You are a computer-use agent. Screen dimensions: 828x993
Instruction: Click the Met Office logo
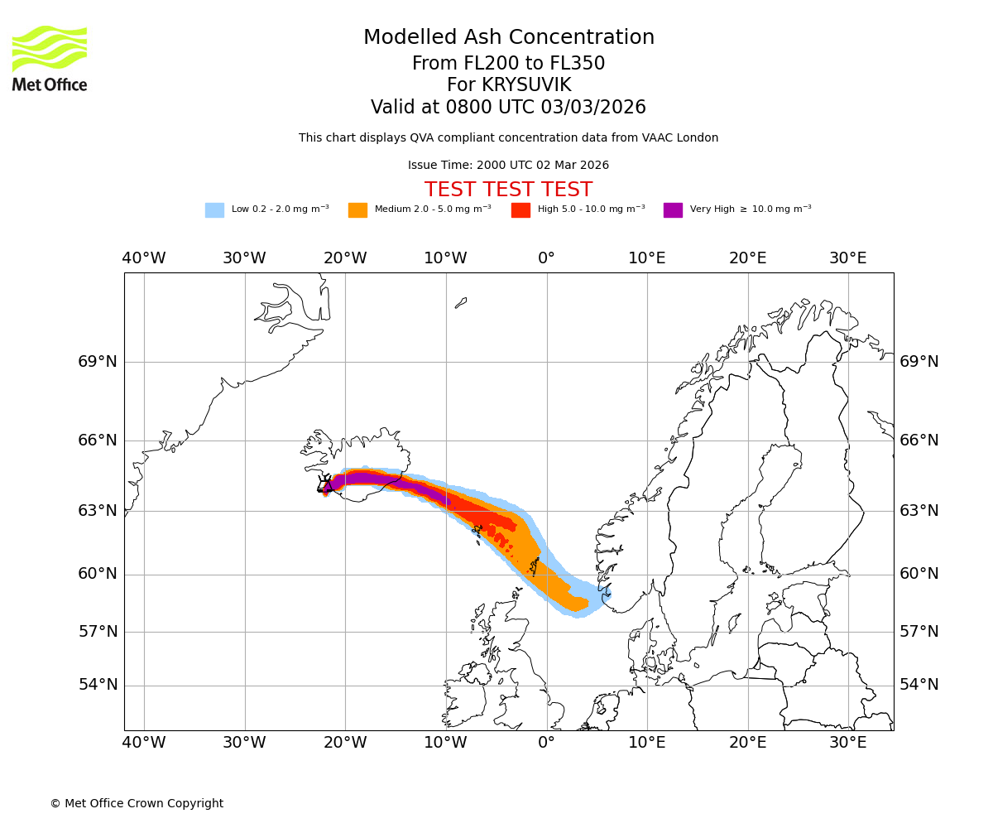point(50,58)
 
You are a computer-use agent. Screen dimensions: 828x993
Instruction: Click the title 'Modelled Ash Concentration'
point(509,37)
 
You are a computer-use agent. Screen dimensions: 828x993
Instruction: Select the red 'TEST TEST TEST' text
point(508,190)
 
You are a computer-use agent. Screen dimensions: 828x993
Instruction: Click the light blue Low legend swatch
point(214,210)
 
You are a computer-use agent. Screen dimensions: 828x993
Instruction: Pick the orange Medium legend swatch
point(357,210)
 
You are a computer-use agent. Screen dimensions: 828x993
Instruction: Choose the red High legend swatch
point(520,210)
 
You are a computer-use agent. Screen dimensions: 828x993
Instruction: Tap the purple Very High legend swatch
point(673,210)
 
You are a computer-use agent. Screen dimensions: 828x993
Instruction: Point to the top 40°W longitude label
point(144,258)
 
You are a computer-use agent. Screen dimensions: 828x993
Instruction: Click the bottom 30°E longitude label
point(848,742)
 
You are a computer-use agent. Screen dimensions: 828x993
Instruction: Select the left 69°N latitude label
point(98,362)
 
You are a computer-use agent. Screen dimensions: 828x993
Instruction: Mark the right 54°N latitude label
point(919,685)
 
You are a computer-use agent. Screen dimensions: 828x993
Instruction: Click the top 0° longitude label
point(546,258)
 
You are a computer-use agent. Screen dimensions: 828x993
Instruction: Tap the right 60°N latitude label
point(919,574)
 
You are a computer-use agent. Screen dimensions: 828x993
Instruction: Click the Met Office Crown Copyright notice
point(137,803)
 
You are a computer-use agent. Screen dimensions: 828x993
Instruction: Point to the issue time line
point(508,165)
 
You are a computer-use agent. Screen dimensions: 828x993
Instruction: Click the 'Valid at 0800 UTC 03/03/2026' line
point(508,108)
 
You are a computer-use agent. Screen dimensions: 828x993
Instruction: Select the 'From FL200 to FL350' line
point(508,64)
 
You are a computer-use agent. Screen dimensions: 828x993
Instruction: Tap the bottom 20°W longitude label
point(345,742)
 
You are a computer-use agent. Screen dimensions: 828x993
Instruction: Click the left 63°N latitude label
point(98,510)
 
